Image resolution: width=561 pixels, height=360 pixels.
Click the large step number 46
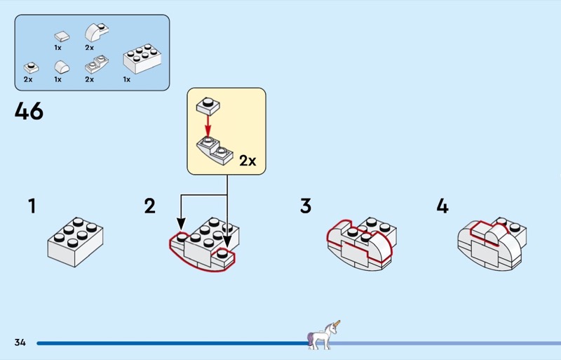pos(29,111)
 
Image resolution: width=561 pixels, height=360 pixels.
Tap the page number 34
pos(20,342)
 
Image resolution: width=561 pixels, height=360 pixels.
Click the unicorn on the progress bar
pos(323,335)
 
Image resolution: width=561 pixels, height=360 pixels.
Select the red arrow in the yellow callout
pos(208,126)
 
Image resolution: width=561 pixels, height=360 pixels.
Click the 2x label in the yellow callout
pos(248,161)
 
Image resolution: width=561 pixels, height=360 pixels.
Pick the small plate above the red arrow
pos(208,106)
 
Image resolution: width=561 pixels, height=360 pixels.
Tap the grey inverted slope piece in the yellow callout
pos(215,151)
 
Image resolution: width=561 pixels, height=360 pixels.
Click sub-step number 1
pos(32,206)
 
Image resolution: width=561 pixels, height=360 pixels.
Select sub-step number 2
pos(150,206)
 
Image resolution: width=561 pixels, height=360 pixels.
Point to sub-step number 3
pos(306,206)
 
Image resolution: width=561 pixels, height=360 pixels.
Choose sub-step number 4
pos(442,206)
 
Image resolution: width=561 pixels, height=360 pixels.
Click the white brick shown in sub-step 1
pos(76,242)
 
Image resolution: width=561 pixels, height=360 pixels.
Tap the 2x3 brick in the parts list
pos(142,59)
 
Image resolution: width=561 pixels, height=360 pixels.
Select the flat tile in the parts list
pos(62,36)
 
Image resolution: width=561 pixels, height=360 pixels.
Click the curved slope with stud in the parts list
pos(96,32)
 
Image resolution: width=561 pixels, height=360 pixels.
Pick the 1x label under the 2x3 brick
pos(127,79)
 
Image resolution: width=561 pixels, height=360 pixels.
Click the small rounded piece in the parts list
pos(62,67)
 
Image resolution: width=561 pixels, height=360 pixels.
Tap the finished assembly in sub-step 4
pos(492,244)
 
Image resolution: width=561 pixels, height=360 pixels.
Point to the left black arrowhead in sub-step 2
pos(182,225)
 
